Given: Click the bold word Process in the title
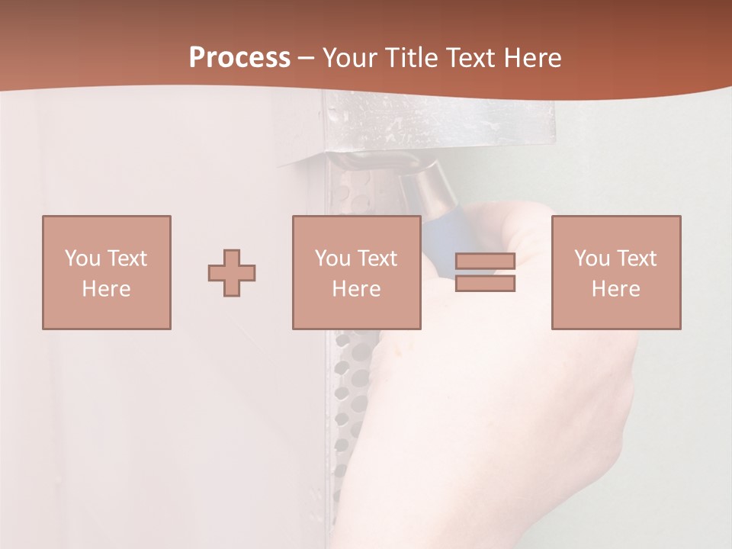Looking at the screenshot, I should pyautogui.click(x=239, y=58).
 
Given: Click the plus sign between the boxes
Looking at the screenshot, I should pyautogui.click(x=232, y=273).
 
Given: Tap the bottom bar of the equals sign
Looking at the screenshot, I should pyautogui.click(x=485, y=284).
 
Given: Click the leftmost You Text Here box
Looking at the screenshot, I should pyautogui.click(x=107, y=272).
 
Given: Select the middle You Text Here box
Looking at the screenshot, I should pyautogui.click(x=356, y=272).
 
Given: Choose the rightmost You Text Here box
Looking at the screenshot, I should pyautogui.click(x=616, y=272).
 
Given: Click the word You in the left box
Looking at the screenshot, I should pyautogui.click(x=81, y=258).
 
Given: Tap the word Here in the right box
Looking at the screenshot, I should pyautogui.click(x=616, y=289).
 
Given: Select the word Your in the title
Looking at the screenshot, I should pyautogui.click(x=348, y=58).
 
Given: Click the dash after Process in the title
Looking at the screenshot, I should pyautogui.click(x=306, y=59).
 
